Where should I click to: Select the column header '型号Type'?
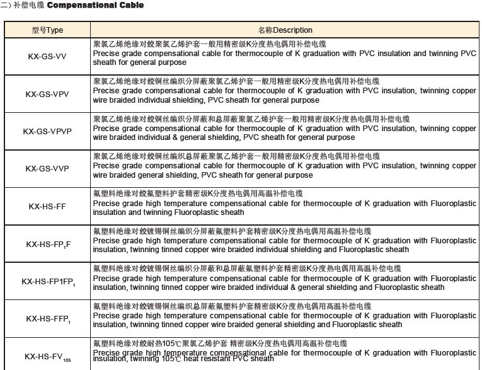click(x=48, y=30)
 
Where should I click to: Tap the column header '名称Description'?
click(x=285, y=30)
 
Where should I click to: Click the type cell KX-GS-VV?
click(x=48, y=55)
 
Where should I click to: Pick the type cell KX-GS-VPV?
click(x=48, y=93)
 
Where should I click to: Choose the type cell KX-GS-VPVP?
click(x=48, y=131)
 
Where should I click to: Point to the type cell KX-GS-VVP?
click(x=48, y=168)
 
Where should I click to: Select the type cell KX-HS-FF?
click(x=48, y=206)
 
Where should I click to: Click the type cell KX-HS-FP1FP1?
click(x=48, y=282)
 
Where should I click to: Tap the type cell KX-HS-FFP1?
click(x=48, y=319)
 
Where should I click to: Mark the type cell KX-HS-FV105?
click(x=48, y=356)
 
